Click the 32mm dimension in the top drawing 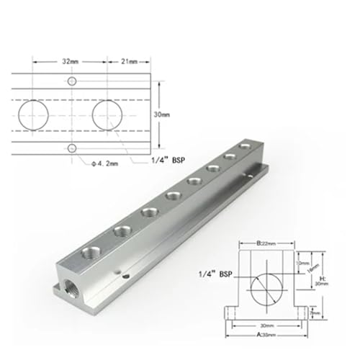70,63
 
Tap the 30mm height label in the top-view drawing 162,114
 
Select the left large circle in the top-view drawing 33,114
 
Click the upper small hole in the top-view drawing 71,81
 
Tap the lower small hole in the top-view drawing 71,148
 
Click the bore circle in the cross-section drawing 267,289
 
